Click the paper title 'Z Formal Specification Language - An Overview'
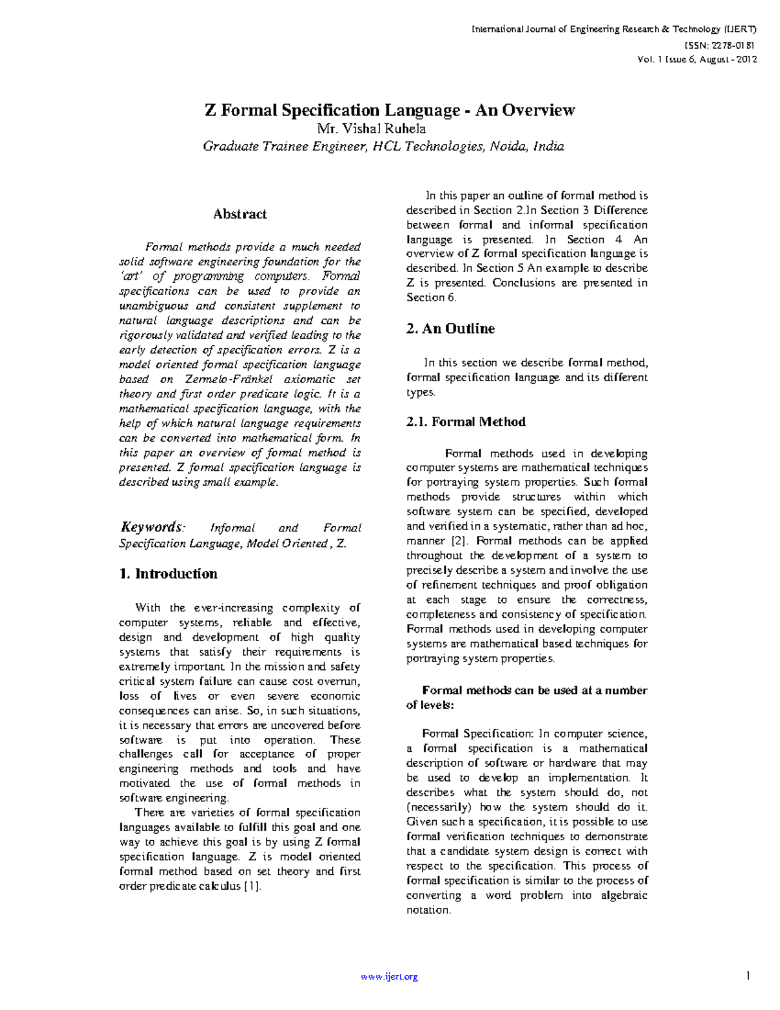[390, 110]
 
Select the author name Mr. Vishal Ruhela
[371, 128]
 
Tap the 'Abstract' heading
[240, 214]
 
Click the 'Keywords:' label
[153, 527]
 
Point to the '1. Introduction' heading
[168, 574]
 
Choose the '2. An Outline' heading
[450, 328]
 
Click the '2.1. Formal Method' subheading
[465, 422]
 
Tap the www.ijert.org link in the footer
[389, 976]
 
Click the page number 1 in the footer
[749, 976]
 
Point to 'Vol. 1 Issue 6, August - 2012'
[697, 59]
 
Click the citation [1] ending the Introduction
[252, 886]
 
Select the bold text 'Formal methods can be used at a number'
[534, 691]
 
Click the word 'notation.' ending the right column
[428, 910]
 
